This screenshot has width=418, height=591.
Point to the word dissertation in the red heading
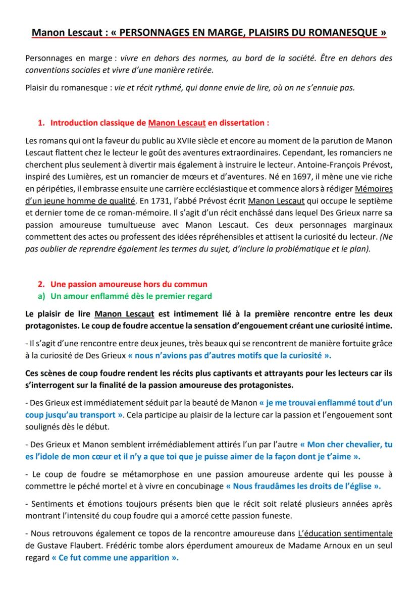pyautogui.click(x=240, y=123)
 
